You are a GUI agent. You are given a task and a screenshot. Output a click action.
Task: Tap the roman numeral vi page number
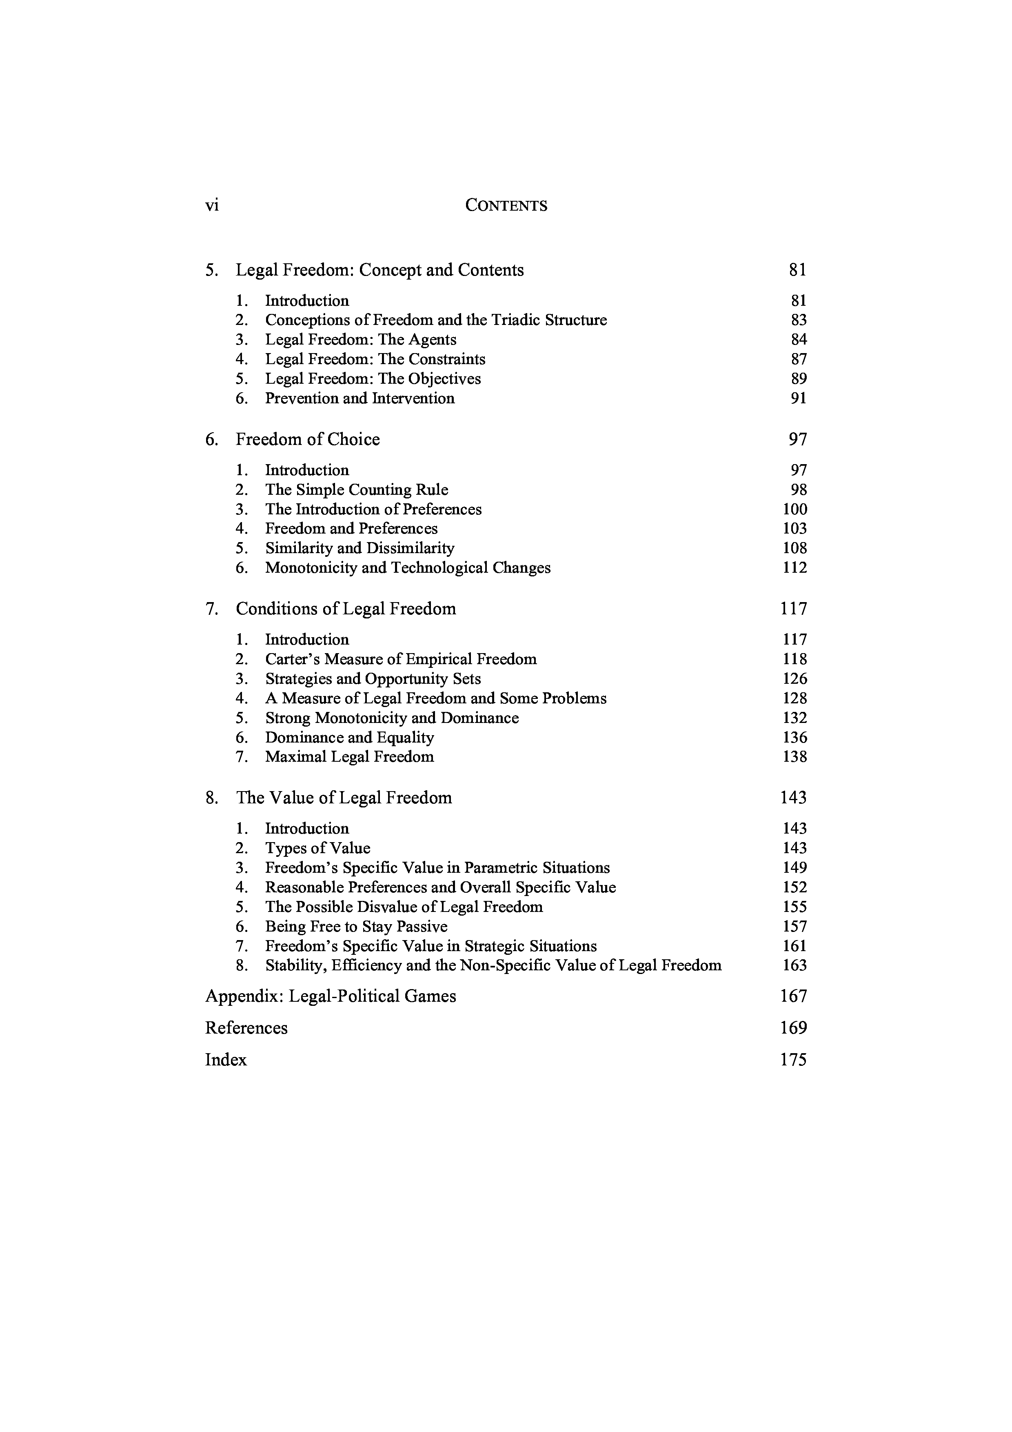212,206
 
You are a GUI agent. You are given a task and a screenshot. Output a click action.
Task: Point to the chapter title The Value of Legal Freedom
344,798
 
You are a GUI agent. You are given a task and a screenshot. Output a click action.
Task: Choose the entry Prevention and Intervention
360,398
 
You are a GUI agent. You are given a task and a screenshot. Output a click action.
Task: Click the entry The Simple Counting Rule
357,490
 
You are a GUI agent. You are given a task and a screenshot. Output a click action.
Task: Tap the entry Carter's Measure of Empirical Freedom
401,659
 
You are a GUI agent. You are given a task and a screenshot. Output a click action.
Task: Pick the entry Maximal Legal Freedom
349,757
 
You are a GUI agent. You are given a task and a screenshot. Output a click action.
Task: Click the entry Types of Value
317,848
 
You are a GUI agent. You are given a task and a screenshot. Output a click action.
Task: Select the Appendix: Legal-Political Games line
331,997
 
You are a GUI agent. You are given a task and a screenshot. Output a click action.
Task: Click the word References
246,1028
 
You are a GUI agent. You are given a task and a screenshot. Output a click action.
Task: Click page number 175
793,1060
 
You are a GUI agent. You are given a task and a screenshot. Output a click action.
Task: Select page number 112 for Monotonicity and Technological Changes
795,568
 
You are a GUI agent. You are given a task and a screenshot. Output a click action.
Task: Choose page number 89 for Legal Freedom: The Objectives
798,379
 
